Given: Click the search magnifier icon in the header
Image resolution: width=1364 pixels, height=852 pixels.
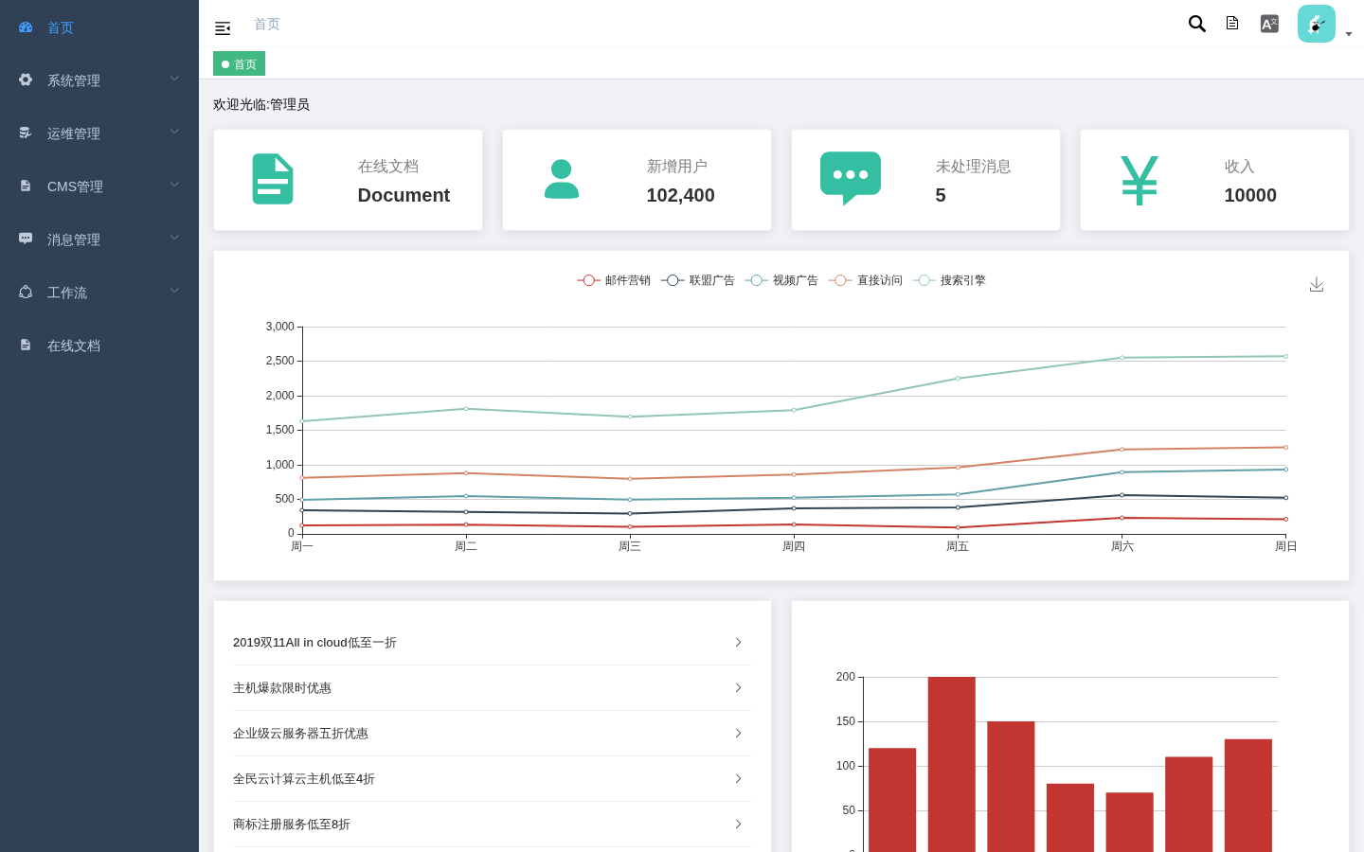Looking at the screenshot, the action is tap(1196, 24).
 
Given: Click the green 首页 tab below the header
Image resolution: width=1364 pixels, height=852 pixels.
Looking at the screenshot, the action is tap(239, 64).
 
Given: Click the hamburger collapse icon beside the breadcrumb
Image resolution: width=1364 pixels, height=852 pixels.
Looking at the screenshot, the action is tap(223, 28).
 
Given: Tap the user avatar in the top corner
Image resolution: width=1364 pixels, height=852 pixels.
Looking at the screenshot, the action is tap(1316, 24).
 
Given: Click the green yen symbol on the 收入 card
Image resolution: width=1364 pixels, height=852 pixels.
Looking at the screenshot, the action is tap(1139, 180).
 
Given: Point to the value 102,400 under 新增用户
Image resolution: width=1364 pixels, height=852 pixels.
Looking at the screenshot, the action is tap(680, 195).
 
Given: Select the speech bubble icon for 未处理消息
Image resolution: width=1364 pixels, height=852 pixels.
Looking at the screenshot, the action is tap(850, 178).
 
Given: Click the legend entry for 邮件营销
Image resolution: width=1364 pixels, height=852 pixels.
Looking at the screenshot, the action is tap(614, 280).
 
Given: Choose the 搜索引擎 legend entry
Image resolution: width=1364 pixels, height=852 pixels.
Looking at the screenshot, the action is tap(949, 280).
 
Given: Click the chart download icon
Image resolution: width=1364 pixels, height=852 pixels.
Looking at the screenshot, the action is tap(1317, 284).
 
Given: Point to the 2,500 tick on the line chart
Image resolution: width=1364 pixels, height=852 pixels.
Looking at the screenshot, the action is tap(279, 361).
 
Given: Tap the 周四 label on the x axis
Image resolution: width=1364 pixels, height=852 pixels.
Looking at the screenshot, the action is tap(794, 546).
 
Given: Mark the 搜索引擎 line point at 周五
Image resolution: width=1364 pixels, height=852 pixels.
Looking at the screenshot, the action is tap(958, 379).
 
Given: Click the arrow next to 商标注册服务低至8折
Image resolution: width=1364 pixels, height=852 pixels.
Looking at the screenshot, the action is tap(738, 824).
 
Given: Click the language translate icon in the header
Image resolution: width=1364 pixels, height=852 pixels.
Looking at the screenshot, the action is tap(1269, 24).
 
